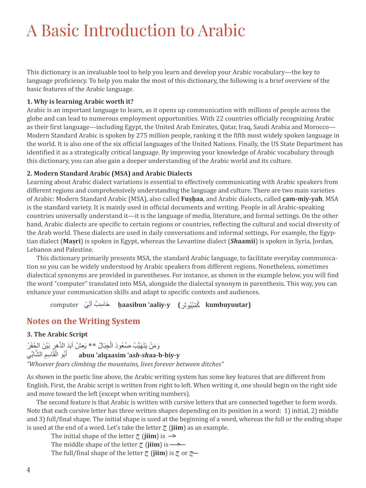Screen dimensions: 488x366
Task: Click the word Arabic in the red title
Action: (x=221, y=31)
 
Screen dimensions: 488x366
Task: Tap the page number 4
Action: (x=28, y=470)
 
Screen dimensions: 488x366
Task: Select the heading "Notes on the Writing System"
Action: (x=83, y=321)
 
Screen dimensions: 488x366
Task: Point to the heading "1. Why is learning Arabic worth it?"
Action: (x=80, y=102)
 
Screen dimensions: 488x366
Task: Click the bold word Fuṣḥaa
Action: (x=192, y=199)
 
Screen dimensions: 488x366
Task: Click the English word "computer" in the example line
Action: (x=64, y=305)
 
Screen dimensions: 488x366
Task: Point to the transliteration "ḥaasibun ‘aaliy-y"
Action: (x=144, y=305)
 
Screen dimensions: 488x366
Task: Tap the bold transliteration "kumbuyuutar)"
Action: (x=228, y=305)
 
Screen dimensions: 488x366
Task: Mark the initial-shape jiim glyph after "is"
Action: (x=172, y=436)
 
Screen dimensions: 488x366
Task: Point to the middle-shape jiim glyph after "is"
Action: (x=178, y=444)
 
